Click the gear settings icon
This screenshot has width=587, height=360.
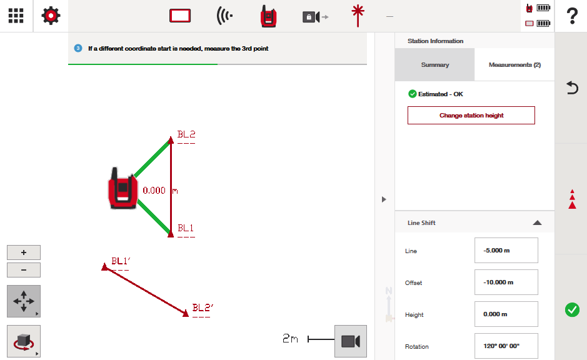51,16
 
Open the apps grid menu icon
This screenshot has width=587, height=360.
16,16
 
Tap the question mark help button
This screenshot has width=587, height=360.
572,16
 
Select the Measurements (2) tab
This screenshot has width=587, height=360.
514,65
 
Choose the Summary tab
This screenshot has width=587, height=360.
434,65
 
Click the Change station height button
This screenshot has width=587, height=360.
471,115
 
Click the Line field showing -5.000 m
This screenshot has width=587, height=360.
506,251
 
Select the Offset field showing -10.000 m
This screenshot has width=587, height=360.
506,282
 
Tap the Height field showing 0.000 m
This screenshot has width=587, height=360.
506,314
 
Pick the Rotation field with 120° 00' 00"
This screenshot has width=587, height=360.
506,346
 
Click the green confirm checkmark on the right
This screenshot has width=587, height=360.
572,310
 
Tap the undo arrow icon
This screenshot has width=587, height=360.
572,87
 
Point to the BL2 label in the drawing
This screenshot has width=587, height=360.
186,134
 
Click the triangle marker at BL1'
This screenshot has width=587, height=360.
105,266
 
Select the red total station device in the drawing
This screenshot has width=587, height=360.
123,188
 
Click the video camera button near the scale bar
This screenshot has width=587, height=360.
351,341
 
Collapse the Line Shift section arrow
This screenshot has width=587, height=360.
537,222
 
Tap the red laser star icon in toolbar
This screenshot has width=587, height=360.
358,16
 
